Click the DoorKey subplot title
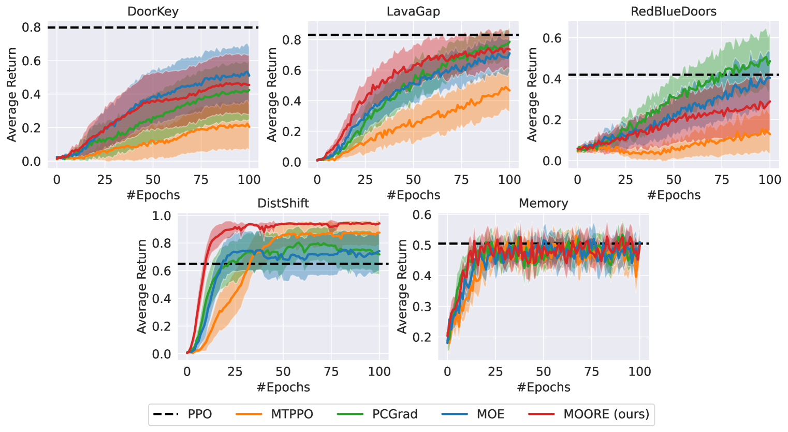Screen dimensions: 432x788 click(153, 11)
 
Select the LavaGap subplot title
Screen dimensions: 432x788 click(413, 11)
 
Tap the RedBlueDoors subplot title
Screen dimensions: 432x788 click(674, 11)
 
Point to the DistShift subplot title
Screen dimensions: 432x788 click(283, 203)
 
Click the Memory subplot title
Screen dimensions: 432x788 click(543, 204)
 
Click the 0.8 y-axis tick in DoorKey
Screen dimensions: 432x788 click(31, 27)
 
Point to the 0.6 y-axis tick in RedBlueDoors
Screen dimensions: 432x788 click(552, 38)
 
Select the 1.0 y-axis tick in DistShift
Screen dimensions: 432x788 click(162, 215)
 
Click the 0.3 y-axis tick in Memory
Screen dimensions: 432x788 click(421, 306)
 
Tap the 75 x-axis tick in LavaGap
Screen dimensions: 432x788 click(461, 180)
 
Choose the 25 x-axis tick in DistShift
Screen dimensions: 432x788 click(235, 371)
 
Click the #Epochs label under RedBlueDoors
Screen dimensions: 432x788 click(674, 195)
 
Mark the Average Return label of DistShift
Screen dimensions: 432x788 click(142, 286)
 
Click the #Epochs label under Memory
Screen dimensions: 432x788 click(543, 387)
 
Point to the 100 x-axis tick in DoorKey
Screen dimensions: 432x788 click(249, 180)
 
